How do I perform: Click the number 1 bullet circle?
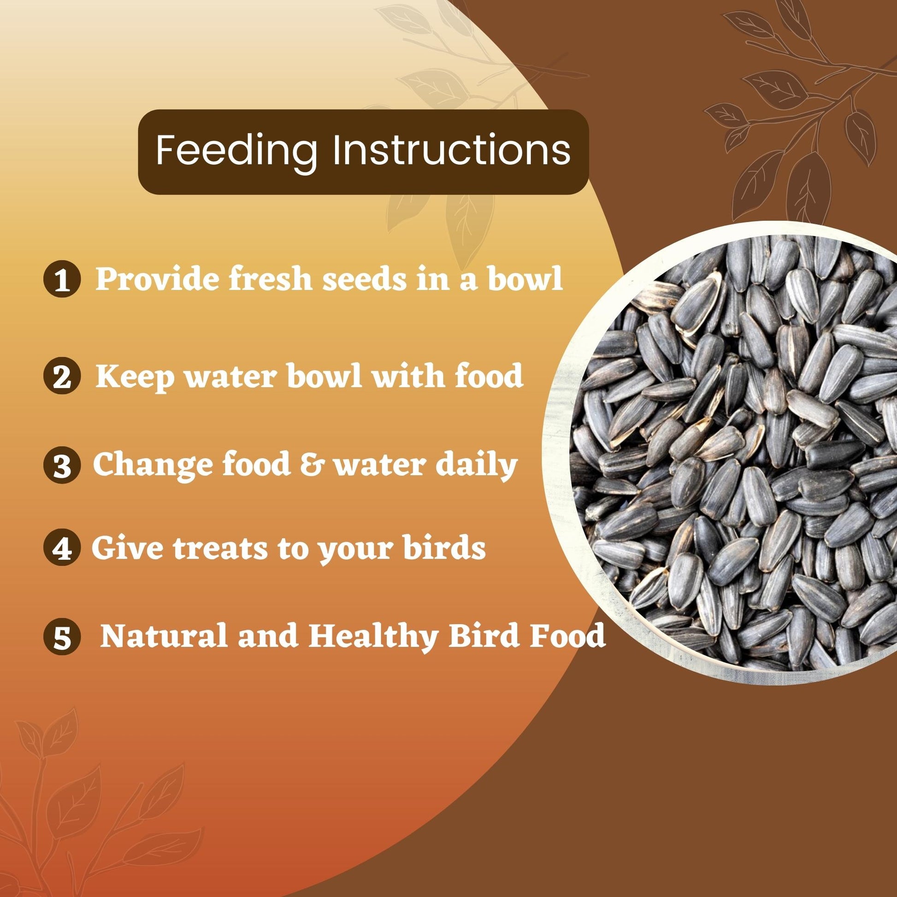(x=62, y=280)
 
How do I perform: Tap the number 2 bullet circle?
(x=62, y=377)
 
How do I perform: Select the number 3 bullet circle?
(x=62, y=466)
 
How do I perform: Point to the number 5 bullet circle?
(x=62, y=637)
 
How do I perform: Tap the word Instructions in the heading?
(x=451, y=149)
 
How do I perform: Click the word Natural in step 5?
(x=164, y=636)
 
